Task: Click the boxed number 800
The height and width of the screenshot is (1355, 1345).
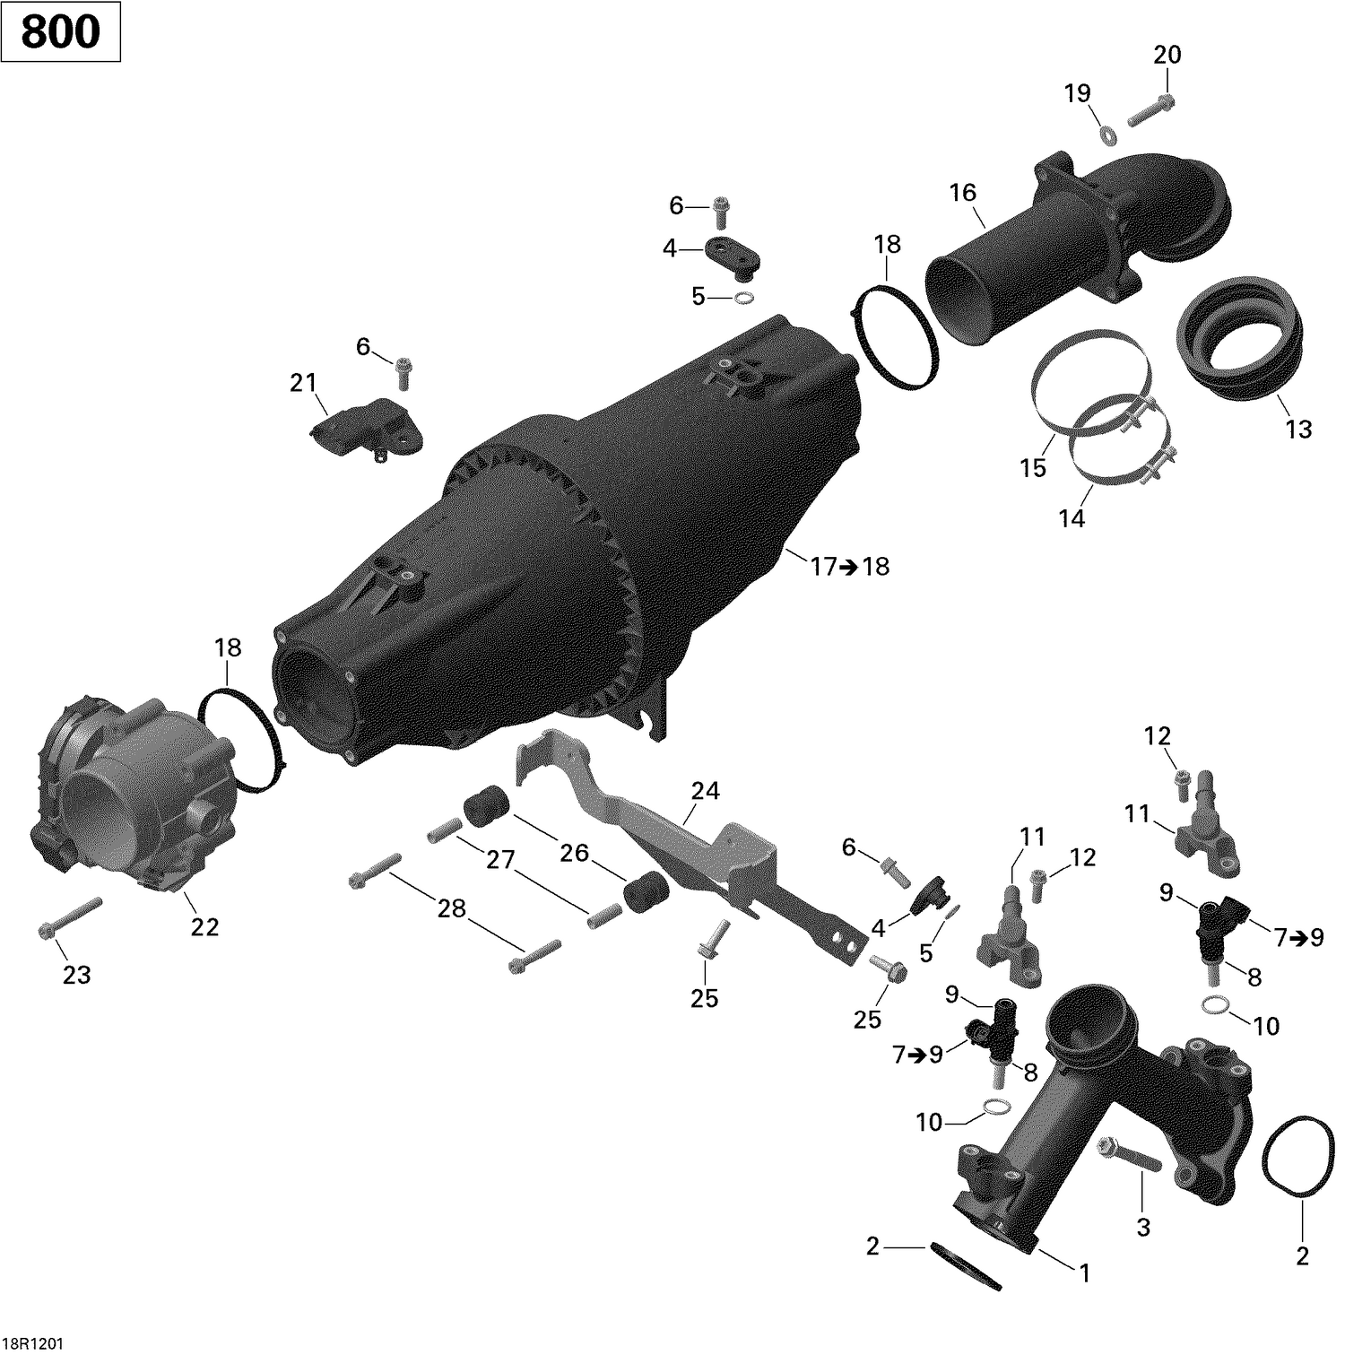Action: pyautogui.click(x=60, y=32)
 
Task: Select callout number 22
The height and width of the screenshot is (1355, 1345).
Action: pyautogui.click(x=204, y=927)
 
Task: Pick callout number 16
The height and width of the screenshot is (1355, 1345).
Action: pyautogui.click(x=963, y=193)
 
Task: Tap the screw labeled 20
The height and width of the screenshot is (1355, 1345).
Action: pyautogui.click(x=1149, y=110)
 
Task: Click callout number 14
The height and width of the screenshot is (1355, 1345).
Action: pyautogui.click(x=1072, y=518)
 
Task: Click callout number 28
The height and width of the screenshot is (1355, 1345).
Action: pyautogui.click(x=452, y=908)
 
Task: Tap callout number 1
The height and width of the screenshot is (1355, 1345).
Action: pyautogui.click(x=1083, y=1272)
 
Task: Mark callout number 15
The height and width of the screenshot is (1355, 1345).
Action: pyautogui.click(x=1033, y=467)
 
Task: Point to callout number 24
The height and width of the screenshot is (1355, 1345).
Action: pyautogui.click(x=705, y=791)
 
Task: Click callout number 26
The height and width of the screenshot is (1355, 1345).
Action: pyautogui.click(x=574, y=852)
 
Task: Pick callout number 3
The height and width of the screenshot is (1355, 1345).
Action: pyautogui.click(x=1143, y=1227)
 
